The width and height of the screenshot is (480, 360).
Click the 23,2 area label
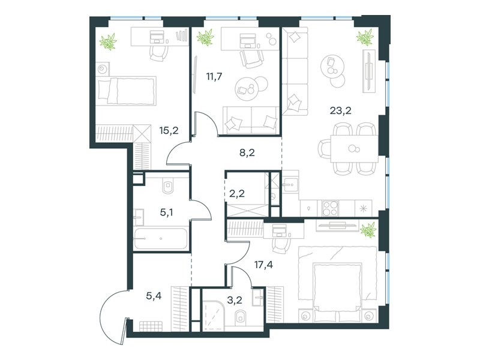click(340, 110)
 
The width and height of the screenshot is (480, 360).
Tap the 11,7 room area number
click(214, 76)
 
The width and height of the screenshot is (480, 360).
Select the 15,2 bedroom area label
click(169, 131)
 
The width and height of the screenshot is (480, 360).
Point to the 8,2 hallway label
click(247, 152)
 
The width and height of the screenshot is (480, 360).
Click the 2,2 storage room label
click(236, 193)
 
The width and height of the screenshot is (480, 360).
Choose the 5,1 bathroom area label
click(166, 212)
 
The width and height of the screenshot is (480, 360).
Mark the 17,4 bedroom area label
click(263, 265)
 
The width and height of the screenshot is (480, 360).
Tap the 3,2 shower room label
click(235, 300)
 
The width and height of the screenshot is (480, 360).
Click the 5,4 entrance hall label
click(154, 296)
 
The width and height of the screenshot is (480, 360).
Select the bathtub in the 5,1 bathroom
click(161, 238)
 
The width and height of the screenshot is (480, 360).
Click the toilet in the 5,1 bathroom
click(168, 186)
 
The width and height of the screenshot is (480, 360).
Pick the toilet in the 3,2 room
click(241, 317)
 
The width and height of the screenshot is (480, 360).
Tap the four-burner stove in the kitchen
click(330, 208)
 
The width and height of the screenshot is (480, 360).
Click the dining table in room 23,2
click(354, 149)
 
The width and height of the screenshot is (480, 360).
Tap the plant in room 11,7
click(205, 38)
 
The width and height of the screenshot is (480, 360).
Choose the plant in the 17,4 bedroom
click(368, 230)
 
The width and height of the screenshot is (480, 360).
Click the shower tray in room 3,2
click(214, 316)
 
